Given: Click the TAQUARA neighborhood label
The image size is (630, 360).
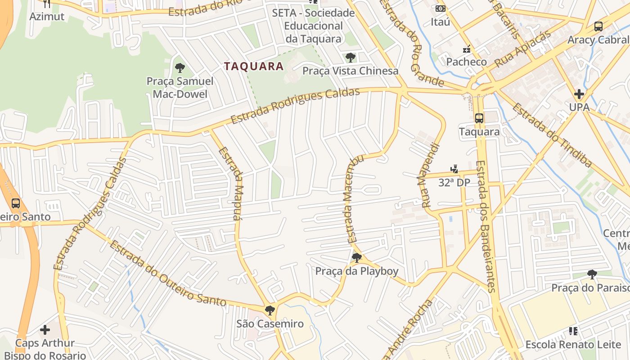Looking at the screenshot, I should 254,67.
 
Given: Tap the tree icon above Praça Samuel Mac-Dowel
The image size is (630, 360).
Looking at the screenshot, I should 180,68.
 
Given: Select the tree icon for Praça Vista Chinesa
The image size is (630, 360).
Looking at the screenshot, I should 350,58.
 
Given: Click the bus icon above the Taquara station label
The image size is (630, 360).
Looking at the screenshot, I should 479,118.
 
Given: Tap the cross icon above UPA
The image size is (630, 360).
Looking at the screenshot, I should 579,94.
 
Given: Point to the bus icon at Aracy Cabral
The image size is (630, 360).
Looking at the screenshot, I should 598,27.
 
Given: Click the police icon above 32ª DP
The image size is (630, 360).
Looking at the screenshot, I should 454,169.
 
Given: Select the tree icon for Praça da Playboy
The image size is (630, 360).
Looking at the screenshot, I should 356,258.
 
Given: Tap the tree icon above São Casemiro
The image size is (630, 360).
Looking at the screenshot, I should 270,310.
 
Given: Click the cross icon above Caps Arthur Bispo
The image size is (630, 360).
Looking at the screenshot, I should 45,330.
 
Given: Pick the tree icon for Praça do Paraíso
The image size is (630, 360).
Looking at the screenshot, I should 592,274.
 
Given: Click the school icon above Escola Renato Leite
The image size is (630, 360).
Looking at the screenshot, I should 573,331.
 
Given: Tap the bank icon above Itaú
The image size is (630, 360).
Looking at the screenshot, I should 440,9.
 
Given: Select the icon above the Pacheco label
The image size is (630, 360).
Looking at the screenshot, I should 467,49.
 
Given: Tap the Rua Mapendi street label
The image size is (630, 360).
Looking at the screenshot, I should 430,175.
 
